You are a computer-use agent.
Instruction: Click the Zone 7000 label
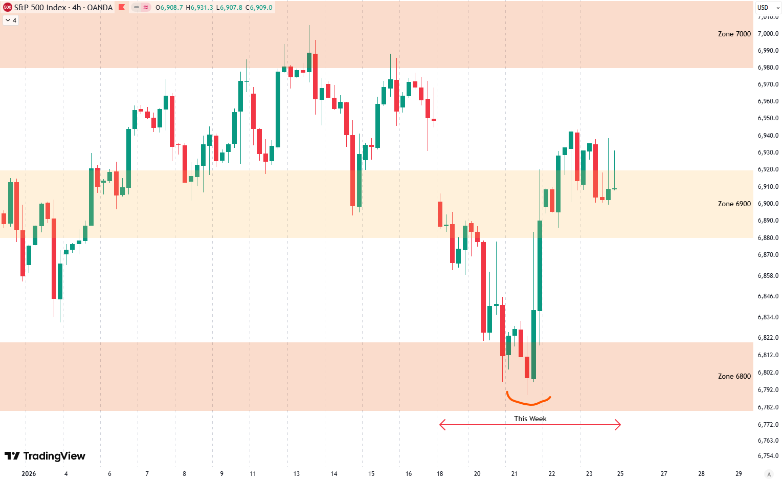(734, 34)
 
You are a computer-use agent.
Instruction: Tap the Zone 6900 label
(734, 204)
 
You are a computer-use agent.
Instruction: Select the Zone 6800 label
(734, 376)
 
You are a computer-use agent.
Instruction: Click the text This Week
(530, 419)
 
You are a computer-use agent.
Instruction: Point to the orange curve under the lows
(528, 402)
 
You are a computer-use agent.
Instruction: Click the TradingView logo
(45, 456)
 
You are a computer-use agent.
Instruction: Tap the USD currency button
(763, 7)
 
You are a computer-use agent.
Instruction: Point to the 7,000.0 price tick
(768, 34)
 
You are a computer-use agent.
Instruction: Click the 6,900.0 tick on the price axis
(768, 204)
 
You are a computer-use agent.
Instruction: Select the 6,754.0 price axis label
(768, 456)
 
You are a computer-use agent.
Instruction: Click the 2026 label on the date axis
(29, 474)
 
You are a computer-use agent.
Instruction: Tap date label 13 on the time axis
(297, 474)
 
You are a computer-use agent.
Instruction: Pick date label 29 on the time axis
(739, 474)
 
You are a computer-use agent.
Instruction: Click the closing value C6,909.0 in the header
(259, 8)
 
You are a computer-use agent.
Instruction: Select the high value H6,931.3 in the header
(199, 8)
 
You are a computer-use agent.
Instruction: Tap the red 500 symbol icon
(7, 7)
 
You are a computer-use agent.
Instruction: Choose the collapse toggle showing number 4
(11, 20)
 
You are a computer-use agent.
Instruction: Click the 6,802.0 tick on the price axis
(768, 373)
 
